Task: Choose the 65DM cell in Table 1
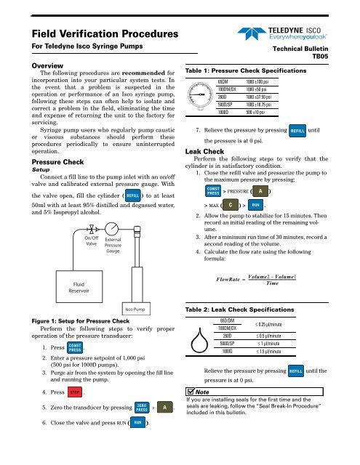point(245,79)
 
